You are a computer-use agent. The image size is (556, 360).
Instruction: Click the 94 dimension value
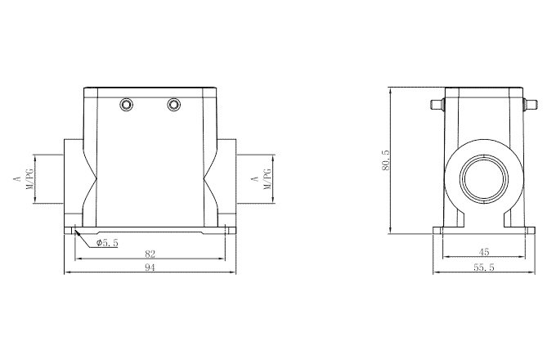click(150, 268)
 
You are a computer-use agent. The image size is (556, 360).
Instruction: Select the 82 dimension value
click(150, 254)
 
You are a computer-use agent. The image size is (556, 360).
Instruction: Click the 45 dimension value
click(484, 253)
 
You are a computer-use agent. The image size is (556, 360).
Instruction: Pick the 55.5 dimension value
click(484, 268)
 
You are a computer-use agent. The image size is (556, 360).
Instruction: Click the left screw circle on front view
click(127, 104)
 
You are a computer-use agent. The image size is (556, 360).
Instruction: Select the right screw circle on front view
click(173, 104)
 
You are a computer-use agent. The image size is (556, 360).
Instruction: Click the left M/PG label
click(31, 178)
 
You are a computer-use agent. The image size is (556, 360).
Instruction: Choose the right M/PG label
click(267, 178)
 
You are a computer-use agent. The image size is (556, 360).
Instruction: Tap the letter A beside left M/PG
click(16, 178)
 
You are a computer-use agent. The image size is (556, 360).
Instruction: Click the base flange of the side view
click(483, 231)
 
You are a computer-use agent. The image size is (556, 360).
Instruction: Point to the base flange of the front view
click(150, 231)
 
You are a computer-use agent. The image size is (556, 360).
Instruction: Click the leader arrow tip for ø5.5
click(75, 233)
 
